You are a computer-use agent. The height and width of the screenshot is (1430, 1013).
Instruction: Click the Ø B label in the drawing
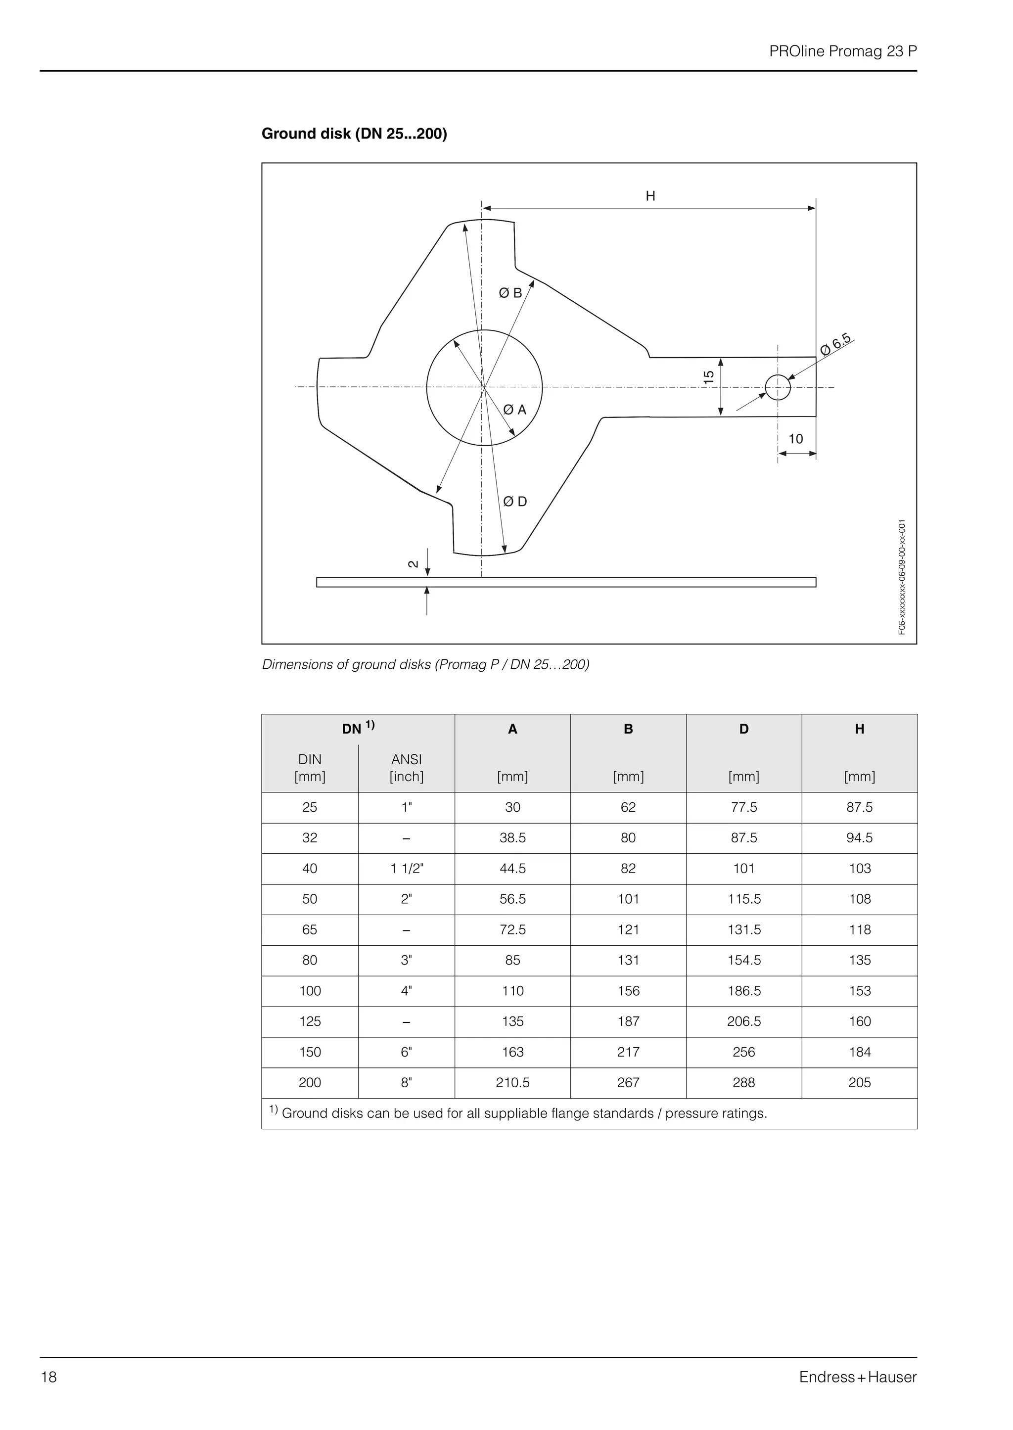(x=510, y=293)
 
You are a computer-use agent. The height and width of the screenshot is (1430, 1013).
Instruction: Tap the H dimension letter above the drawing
(x=650, y=196)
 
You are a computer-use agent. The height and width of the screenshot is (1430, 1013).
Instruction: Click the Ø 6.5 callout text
(x=836, y=344)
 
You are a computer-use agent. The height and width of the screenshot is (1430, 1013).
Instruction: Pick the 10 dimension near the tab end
(x=795, y=439)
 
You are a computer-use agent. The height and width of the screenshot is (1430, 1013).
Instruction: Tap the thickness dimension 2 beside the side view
(x=413, y=564)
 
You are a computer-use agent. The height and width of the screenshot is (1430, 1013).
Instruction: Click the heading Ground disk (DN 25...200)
(x=354, y=134)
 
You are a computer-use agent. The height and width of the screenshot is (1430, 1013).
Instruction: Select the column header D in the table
(x=743, y=729)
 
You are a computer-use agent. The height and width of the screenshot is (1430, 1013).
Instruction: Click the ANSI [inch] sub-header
(x=406, y=768)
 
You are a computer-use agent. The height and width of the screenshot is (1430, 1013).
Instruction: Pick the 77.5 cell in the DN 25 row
(x=743, y=808)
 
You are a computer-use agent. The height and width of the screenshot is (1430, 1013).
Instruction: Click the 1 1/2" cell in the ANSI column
(x=407, y=869)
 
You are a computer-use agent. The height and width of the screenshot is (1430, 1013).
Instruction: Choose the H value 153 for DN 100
(x=859, y=991)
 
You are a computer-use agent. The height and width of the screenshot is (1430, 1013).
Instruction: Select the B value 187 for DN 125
(x=628, y=1021)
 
